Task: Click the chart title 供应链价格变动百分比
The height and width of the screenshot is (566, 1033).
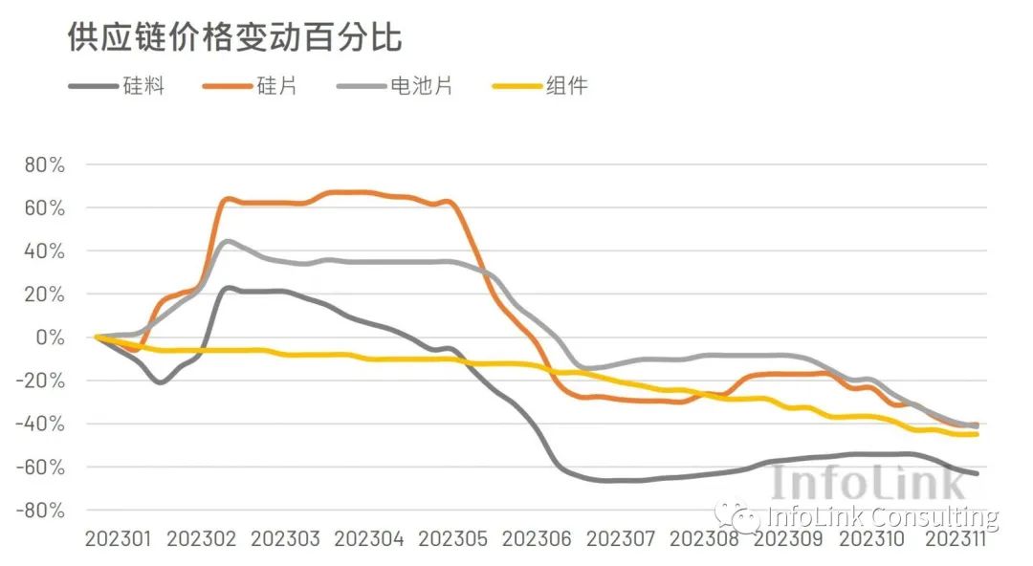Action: pos(234,37)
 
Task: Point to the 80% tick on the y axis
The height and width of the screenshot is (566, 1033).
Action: pos(45,164)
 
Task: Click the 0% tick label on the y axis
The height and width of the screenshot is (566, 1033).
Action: pos(51,337)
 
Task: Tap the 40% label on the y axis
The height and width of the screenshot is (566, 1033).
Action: pos(45,250)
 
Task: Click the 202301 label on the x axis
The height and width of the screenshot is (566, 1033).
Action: pos(118,539)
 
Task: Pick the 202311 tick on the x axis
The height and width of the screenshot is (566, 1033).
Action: pos(954,539)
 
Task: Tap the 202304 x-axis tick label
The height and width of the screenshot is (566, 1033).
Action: pos(370,539)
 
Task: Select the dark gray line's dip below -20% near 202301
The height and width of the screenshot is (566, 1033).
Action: pos(159,382)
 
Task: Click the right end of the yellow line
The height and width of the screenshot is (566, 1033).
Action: pos(976,434)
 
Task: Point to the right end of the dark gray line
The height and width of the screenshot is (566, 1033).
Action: pos(976,473)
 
